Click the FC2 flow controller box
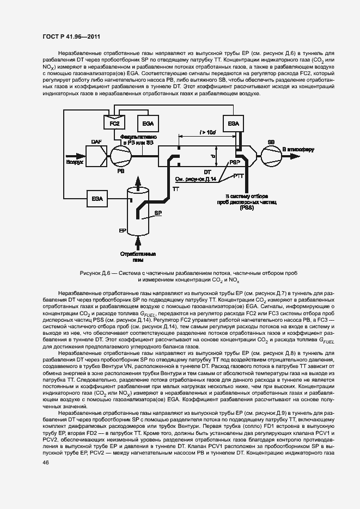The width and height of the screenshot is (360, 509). point(114,124)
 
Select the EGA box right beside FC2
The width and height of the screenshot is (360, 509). point(144,124)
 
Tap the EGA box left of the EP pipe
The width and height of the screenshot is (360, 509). point(97,198)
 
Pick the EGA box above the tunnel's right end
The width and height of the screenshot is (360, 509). point(234,124)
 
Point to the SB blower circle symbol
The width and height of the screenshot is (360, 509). point(270,155)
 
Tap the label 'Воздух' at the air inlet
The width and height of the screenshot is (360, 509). point(75,162)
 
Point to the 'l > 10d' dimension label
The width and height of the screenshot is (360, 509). point(207,132)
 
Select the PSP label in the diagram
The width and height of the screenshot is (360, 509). point(234,163)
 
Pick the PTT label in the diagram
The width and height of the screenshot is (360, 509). point(239,175)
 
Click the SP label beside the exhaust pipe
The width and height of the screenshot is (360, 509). point(158,213)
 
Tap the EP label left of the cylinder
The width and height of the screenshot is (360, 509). point(123,231)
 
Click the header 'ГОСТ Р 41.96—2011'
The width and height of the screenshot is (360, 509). point(71,37)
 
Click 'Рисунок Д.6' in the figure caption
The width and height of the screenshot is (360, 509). point(96,272)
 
